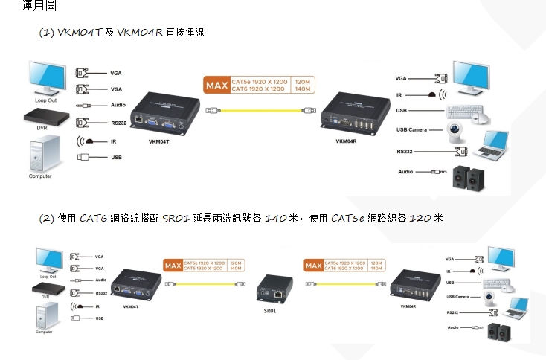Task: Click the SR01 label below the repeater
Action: (x=269, y=310)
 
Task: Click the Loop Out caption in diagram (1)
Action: (x=45, y=100)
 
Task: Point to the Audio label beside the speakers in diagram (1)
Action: (x=405, y=172)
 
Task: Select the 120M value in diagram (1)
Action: (x=302, y=81)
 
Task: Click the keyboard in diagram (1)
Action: (x=466, y=112)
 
